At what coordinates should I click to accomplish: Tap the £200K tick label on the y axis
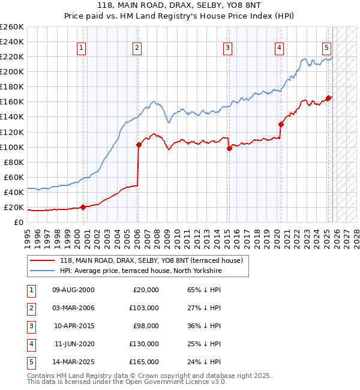click(11, 71)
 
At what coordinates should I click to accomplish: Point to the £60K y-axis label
click(13, 177)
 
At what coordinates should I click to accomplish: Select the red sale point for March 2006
click(139, 145)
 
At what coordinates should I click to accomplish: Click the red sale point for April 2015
click(229, 148)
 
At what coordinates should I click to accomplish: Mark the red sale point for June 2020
click(281, 124)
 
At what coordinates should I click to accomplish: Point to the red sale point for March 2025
click(328, 98)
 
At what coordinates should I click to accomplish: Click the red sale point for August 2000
click(83, 207)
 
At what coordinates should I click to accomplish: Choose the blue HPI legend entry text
click(140, 271)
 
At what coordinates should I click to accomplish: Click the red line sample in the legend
click(42, 260)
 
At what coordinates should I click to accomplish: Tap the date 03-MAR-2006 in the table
click(73, 308)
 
